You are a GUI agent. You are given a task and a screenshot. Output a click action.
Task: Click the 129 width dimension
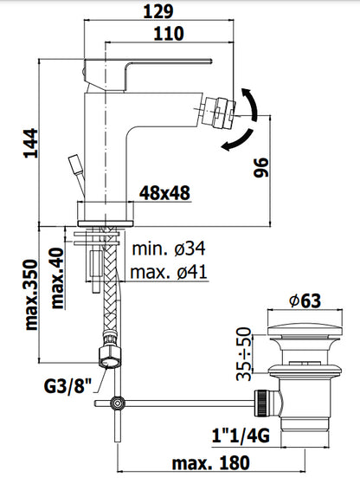pos(158,11)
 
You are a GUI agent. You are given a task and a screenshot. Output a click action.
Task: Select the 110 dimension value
pos(169,34)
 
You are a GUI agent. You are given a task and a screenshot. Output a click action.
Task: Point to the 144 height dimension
pos(31,144)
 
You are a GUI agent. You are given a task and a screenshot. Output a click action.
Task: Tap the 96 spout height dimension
pos(261,168)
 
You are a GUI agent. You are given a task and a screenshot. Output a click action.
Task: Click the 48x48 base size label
pos(164,193)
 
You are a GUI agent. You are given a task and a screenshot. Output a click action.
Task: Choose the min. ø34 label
pos(169,248)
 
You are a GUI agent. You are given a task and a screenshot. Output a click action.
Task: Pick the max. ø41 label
pos(169,272)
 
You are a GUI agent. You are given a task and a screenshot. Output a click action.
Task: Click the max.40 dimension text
pos(57,278)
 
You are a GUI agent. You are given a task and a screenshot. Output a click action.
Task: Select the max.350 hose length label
pos(31,294)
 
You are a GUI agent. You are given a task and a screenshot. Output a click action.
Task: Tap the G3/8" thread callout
pos(67,386)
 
